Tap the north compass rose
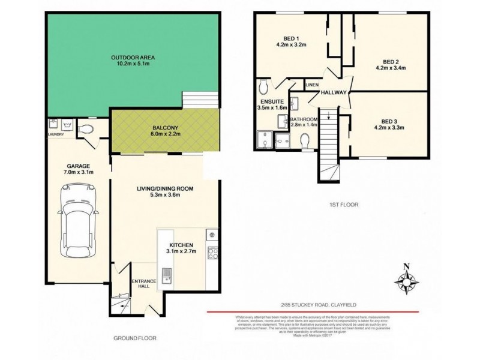[x=407, y=280]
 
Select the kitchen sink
[x=170, y=277]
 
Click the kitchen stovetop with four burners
[x=211, y=253]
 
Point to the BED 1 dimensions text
[x=291, y=44]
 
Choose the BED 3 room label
[x=391, y=120]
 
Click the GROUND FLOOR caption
[x=134, y=338]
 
